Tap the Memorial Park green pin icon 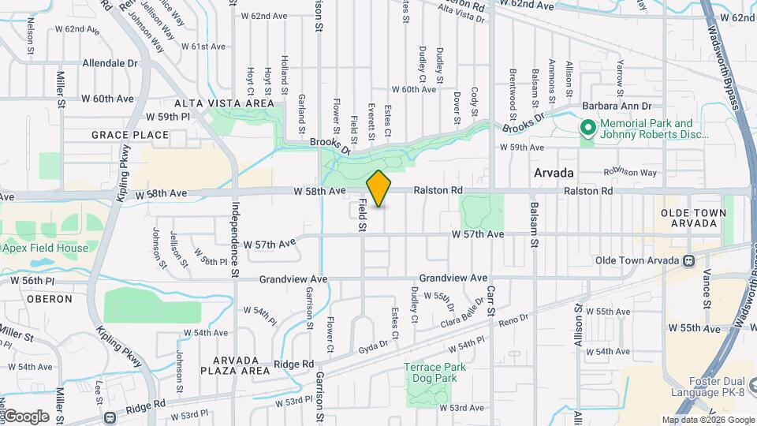(x=587, y=127)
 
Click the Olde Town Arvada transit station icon (x=689, y=260)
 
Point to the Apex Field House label (x=45, y=248)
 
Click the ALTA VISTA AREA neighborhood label (x=225, y=103)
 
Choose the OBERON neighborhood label (x=49, y=299)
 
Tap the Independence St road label (x=234, y=229)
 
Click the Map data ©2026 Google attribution (x=707, y=420)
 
